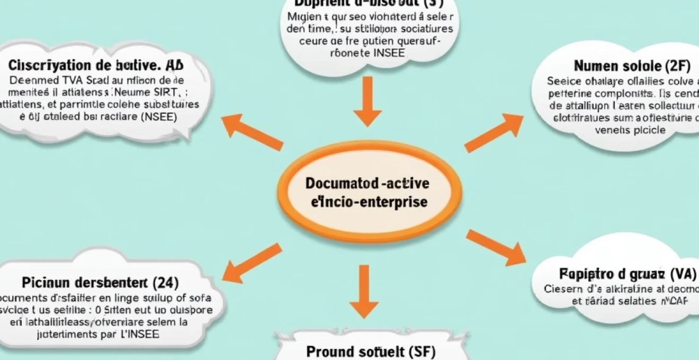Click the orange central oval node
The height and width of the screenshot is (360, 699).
pos(366,192)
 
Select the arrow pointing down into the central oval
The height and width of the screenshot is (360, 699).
pos(367,100)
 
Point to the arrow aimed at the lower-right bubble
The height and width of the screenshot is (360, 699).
pos(495,247)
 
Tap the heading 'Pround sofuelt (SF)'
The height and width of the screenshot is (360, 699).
pos(371,351)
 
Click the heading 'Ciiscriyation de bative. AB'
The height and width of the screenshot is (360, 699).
pos(96,66)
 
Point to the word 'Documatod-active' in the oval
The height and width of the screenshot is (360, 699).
pos(368,184)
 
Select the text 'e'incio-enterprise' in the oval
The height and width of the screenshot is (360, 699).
pos(366,202)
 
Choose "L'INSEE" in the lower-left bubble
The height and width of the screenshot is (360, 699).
pos(140,334)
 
